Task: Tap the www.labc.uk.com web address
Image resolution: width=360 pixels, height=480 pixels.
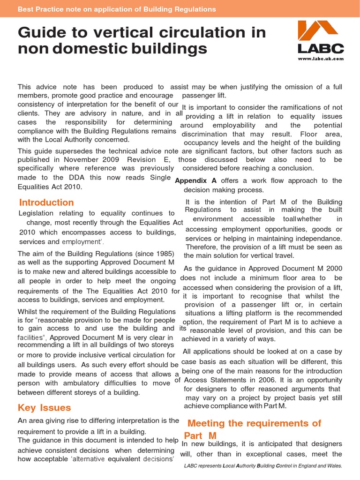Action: click(321, 59)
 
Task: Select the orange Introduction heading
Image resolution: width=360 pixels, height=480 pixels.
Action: click(46, 202)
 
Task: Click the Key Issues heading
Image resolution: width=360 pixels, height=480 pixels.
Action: click(44, 407)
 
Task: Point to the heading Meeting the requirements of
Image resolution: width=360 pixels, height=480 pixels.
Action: click(254, 423)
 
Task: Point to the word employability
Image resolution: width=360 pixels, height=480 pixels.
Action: click(234, 125)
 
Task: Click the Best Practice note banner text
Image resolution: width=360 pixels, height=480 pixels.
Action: click(117, 9)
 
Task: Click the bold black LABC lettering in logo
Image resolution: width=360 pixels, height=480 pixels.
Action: click(321, 48)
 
